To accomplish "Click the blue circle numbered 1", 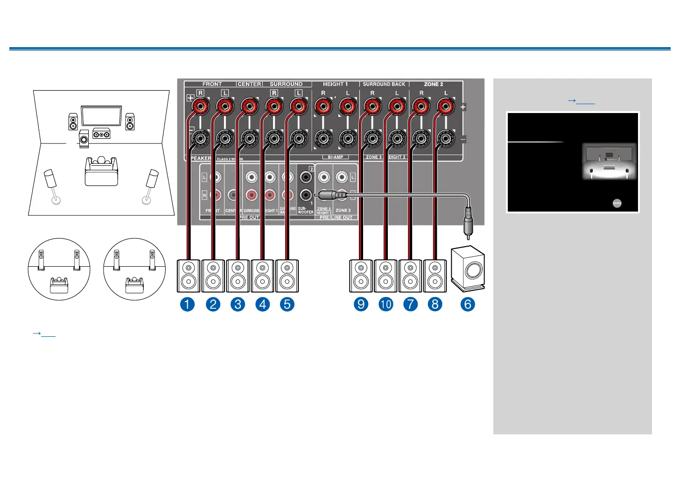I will [188, 305].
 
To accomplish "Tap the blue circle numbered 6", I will [468, 305].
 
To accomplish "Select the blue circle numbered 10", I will [386, 305].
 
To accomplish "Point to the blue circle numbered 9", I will [361, 305].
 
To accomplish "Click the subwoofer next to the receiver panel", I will [468, 269].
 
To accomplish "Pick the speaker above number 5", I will [287, 276].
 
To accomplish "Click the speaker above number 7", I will [410, 276].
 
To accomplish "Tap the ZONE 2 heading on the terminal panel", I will [434, 84].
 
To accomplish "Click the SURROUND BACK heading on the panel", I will [384, 84].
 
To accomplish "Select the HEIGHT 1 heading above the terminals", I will [336, 84].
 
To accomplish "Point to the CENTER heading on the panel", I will [249, 84].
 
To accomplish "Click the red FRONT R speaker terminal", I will [200, 107].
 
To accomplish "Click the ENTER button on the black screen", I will [617, 203].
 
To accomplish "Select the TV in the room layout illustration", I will [101, 116].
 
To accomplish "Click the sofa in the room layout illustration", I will [101, 171].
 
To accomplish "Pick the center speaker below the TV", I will [101, 134].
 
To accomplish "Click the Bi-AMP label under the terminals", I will [336, 157].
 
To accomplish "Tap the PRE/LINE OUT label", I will [336, 218].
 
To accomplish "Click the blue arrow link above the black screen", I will [581, 100].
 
